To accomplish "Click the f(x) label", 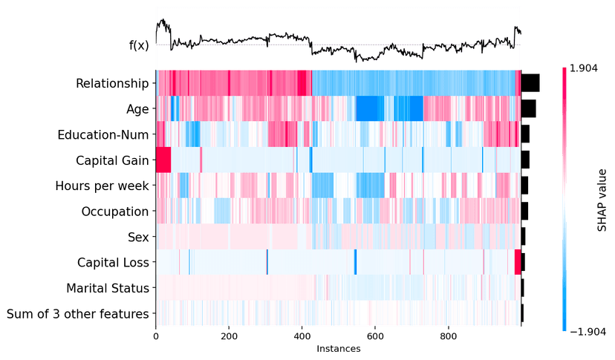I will click(139, 45).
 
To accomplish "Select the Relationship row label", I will click(112, 82).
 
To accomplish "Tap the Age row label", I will click(137, 108).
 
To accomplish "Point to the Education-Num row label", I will click(103, 134).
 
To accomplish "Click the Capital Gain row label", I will click(112, 160).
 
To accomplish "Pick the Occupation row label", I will click(115, 212).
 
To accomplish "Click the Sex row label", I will click(138, 237).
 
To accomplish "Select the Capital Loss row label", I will click(114, 263).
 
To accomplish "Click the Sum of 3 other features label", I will click(77, 314).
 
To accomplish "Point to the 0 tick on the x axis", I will click(156, 336).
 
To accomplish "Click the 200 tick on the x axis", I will click(229, 336).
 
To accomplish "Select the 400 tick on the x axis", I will click(302, 336).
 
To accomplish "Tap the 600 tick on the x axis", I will click(375, 336).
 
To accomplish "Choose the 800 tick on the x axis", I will click(448, 336).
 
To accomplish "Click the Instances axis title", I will click(338, 347).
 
